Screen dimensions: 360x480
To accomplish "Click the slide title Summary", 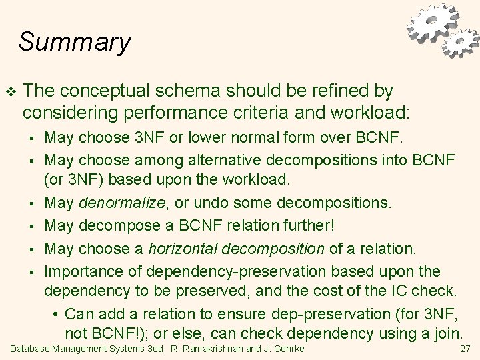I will click(x=75, y=41).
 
